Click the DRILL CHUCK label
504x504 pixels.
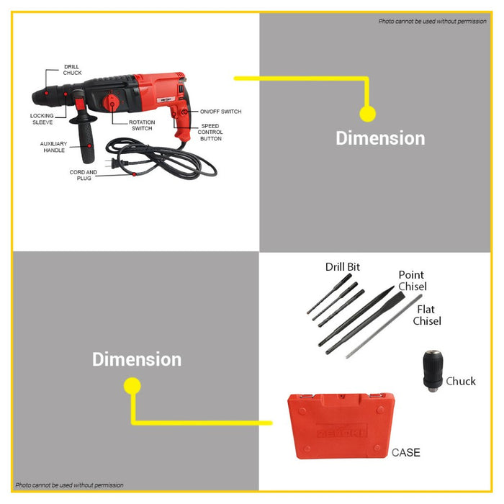coord(71,70)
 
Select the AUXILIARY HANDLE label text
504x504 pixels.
coord(53,147)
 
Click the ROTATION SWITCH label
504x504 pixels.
coord(142,125)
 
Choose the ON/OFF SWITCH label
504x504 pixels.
coord(220,112)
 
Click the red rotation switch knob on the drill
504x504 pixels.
coord(113,103)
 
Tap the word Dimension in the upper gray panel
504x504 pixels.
coord(380,138)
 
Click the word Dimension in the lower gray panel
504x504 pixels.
coord(137,359)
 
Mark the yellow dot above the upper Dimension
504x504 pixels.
coord(367,114)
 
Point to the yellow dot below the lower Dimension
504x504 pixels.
coord(132,386)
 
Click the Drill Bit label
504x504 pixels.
coord(343,267)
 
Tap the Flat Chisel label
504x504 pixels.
coord(426,315)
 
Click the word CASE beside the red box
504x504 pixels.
coord(405,453)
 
